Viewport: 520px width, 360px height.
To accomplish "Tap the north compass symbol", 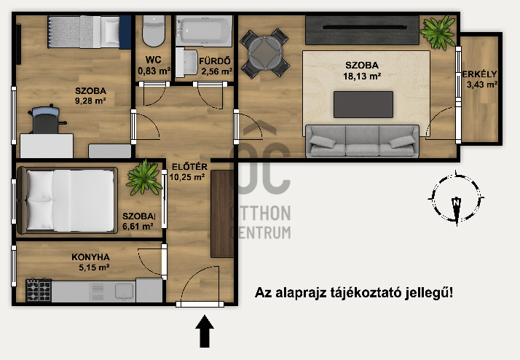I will pyautogui.click(x=455, y=198).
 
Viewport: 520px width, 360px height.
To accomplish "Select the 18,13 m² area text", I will pyautogui.click(x=363, y=74).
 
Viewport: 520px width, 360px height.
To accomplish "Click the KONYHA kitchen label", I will pyautogui.click(x=90, y=257).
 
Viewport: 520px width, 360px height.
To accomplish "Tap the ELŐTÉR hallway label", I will pyautogui.click(x=187, y=165).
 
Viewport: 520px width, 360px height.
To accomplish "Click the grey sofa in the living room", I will pyautogui.click(x=362, y=141).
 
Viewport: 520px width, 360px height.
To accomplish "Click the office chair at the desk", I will pyautogui.click(x=45, y=119).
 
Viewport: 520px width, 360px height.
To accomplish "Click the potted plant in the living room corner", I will pyautogui.click(x=438, y=31).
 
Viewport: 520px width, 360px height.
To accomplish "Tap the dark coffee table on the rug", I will pyautogui.click(x=363, y=104).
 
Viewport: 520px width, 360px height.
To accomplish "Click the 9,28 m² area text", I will pyautogui.click(x=91, y=101).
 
